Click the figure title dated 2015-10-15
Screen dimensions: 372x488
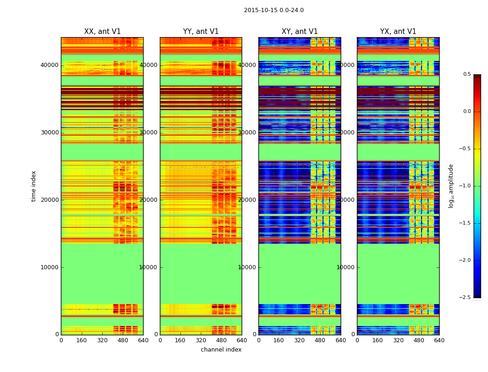(274, 10)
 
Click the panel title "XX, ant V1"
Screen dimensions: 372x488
(102, 32)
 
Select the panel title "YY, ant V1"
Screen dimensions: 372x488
(201, 32)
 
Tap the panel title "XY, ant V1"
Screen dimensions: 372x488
(300, 32)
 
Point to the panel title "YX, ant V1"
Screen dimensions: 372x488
(398, 32)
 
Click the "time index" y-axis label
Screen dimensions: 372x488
(33, 186)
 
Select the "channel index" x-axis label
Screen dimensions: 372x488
(221, 350)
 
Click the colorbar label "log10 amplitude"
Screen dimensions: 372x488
(451, 186)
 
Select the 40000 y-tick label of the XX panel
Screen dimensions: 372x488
(49, 65)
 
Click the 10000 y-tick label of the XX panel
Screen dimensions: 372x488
(49, 267)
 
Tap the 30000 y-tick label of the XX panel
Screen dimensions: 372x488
(49, 133)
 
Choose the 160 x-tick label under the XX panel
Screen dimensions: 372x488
(81, 340)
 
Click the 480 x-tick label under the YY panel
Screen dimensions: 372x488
(221, 340)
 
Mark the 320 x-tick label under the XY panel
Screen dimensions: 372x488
(299, 340)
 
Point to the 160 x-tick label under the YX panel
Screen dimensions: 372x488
(377, 340)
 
